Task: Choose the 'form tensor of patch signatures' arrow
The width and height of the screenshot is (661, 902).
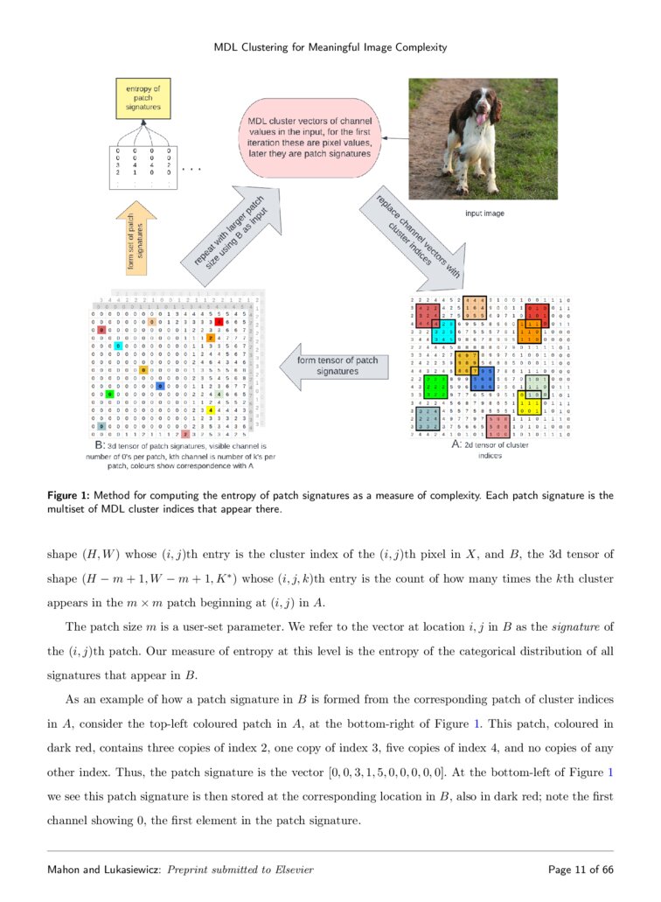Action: (x=337, y=365)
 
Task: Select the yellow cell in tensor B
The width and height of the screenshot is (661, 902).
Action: (x=210, y=409)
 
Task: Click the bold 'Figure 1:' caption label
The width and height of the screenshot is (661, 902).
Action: (x=71, y=495)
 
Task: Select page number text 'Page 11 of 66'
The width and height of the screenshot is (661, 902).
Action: (x=580, y=870)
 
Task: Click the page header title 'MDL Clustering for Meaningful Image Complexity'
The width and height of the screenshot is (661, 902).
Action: (x=330, y=47)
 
